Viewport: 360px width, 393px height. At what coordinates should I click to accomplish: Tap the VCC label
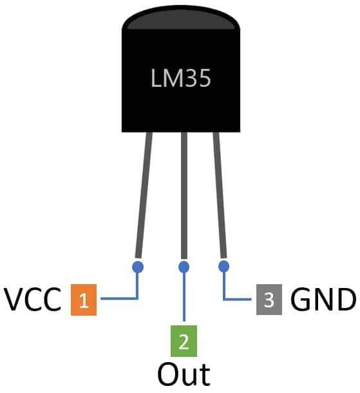(x=33, y=300)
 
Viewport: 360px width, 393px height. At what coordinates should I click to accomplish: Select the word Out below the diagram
(x=184, y=374)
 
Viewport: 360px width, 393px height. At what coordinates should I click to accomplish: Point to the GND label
(x=323, y=300)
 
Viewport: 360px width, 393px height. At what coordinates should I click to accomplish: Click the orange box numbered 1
(x=84, y=300)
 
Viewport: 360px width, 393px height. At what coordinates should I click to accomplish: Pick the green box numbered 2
(x=184, y=341)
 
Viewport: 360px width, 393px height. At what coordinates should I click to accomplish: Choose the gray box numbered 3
(x=269, y=300)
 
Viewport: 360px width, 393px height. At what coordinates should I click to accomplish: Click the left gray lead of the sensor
(x=143, y=193)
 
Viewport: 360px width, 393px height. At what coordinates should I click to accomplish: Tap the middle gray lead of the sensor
(x=184, y=193)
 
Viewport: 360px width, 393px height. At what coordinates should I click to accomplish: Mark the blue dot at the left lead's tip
(x=137, y=265)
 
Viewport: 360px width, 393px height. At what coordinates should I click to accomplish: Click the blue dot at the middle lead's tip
(x=184, y=266)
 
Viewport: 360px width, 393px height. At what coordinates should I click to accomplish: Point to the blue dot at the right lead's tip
(x=223, y=265)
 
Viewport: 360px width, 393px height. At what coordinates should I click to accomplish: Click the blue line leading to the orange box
(x=119, y=299)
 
